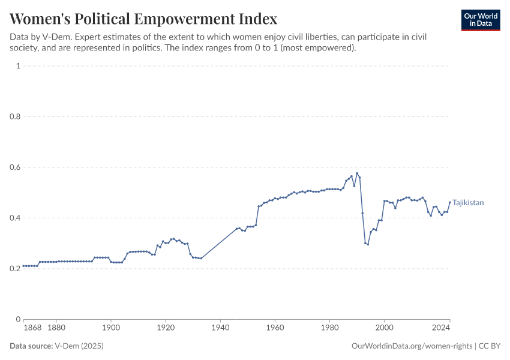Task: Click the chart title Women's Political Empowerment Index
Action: [143, 18]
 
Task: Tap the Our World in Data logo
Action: [480, 20]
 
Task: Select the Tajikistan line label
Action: [467, 203]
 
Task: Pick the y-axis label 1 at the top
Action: [18, 66]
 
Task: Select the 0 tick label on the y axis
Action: [18, 319]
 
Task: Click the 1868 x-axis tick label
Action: [32, 328]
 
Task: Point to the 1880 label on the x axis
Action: [56, 328]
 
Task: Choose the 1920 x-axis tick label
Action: [166, 328]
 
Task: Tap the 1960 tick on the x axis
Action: [275, 328]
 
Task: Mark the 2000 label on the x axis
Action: [384, 328]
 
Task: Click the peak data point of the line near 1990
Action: [357, 173]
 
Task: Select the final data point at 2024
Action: [449, 202]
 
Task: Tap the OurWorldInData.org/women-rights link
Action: [412, 346]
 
